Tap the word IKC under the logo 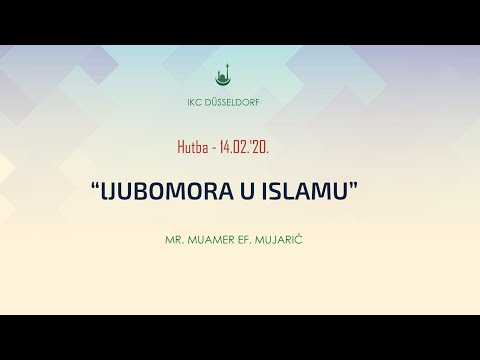(198, 102)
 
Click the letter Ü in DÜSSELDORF (219, 102)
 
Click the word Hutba (189, 146)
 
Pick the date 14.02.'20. (243, 146)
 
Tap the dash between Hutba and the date (211, 147)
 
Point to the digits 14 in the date (223, 146)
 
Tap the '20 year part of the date (261, 146)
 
